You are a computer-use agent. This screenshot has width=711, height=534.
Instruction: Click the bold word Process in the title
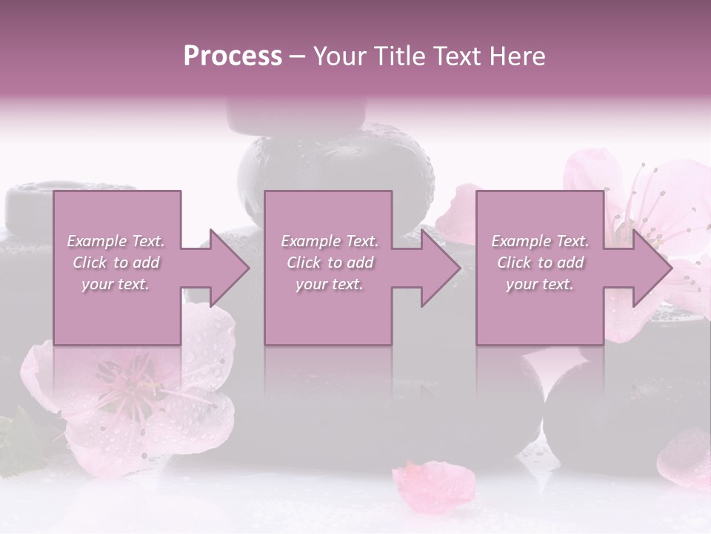[x=233, y=56]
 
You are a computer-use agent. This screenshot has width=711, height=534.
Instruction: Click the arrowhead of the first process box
[x=230, y=268]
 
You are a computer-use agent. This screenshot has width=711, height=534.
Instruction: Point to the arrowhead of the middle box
[x=441, y=268]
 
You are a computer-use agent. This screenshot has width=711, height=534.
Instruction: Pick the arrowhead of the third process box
[x=652, y=268]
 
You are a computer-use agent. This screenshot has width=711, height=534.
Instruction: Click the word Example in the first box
[x=96, y=241]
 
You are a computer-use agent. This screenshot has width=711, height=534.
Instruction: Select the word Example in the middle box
[x=310, y=241]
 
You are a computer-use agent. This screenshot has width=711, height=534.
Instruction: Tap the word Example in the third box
[x=521, y=241]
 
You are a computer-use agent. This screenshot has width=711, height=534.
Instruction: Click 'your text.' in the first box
[x=116, y=284]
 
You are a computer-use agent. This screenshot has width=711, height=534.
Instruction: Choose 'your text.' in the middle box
[x=330, y=284]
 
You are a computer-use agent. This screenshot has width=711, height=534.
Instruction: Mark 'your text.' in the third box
[x=540, y=284]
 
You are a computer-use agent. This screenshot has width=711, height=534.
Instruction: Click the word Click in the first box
[x=90, y=263]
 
